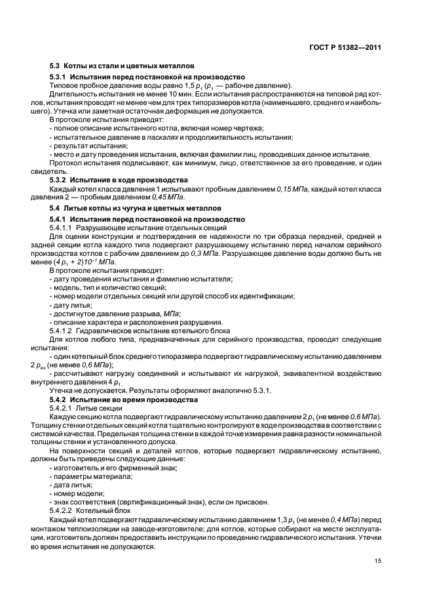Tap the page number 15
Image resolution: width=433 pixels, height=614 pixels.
click(x=377, y=561)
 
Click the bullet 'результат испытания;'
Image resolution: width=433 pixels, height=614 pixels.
click(x=81, y=146)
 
